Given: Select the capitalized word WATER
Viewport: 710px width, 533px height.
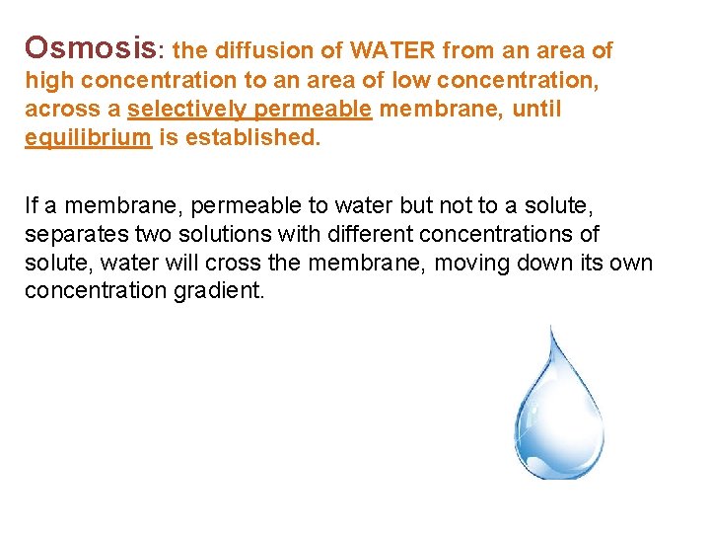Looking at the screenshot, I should coord(390,49).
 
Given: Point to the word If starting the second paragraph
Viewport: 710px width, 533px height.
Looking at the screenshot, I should coord(31,205).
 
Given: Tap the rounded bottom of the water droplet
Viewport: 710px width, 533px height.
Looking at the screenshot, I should coord(558,475).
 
